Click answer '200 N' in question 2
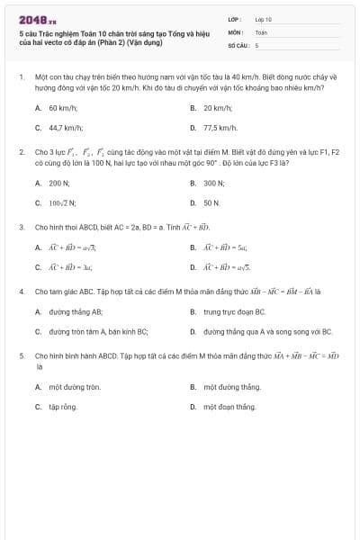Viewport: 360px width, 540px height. [60, 183]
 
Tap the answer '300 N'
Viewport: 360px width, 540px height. [215, 183]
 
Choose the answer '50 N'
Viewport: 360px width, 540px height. [212, 203]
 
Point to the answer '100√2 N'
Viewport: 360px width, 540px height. [63, 203]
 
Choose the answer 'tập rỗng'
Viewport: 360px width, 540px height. [63, 407]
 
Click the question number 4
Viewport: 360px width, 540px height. [21, 292]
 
